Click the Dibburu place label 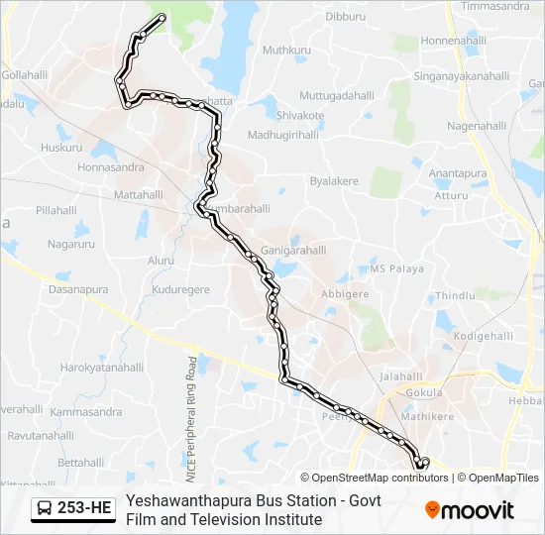tap(346, 17)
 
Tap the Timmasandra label tap(495, 6)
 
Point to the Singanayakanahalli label tap(462, 75)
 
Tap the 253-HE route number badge tap(84, 509)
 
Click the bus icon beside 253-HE tap(46, 509)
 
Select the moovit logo tap(470, 510)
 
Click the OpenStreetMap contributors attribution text tap(381, 478)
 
